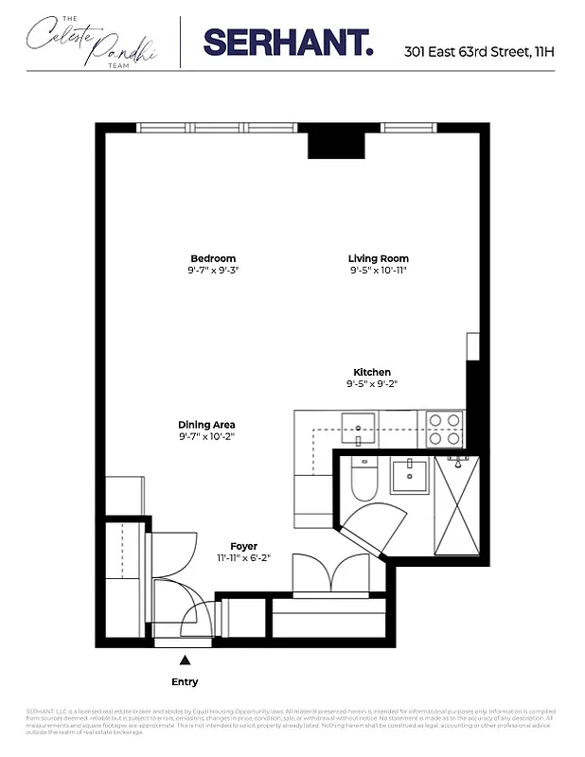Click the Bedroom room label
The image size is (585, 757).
[213, 258]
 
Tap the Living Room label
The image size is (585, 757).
[378, 258]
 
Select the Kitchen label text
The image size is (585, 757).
[372, 372]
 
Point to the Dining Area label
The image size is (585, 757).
[206, 425]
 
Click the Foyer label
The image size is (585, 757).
[244, 546]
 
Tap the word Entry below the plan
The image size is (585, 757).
[185, 681]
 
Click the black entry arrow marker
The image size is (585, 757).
[185, 660]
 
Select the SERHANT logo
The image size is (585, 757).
[288, 42]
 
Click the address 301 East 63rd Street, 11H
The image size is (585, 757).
[479, 51]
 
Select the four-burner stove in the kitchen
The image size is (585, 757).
[444, 428]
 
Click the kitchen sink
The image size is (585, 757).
[358, 423]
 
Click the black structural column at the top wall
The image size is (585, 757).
[337, 143]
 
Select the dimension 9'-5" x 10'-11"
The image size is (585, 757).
[378, 271]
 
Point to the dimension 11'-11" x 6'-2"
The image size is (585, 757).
[244, 557]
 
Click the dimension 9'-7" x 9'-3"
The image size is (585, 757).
[213, 271]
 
